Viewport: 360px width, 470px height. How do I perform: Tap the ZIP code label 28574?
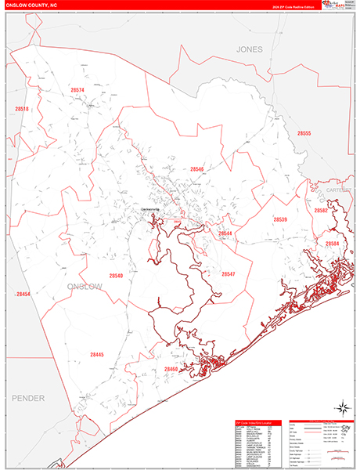[x=77, y=91]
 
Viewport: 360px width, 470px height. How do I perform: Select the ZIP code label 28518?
[x=21, y=109]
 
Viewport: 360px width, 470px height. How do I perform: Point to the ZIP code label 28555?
[x=304, y=133]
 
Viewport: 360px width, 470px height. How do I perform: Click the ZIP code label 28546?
[x=196, y=168]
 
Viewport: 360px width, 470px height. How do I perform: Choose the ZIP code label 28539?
[x=279, y=219]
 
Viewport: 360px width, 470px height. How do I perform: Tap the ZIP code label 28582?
[x=321, y=211]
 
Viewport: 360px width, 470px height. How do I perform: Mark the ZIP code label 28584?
[x=333, y=244]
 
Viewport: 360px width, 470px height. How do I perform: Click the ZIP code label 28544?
[x=225, y=233]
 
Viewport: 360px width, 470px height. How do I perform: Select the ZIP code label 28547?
[x=229, y=274]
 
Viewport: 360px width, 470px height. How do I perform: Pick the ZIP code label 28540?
[x=116, y=276]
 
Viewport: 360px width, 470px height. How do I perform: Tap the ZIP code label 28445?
[x=96, y=355]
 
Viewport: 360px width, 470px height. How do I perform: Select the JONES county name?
[x=250, y=49]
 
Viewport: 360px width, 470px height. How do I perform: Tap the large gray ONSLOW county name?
[x=85, y=287]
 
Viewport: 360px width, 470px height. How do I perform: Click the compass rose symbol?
[x=341, y=407]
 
